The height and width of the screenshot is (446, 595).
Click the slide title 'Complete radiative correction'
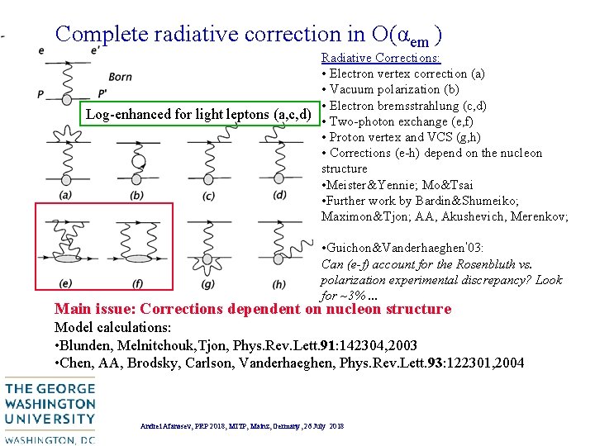click(248, 34)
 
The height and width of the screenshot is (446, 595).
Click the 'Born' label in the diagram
click(120, 77)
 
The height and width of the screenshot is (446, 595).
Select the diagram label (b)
click(136, 195)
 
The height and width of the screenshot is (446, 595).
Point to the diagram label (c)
click(208, 195)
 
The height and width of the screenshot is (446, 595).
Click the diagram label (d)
click(280, 194)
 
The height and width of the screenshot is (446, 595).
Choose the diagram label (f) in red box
click(136, 284)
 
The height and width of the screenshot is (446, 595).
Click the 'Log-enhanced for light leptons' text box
click(198, 114)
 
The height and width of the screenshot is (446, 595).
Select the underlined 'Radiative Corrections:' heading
click(380, 58)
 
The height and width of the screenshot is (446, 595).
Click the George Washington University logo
click(49, 410)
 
